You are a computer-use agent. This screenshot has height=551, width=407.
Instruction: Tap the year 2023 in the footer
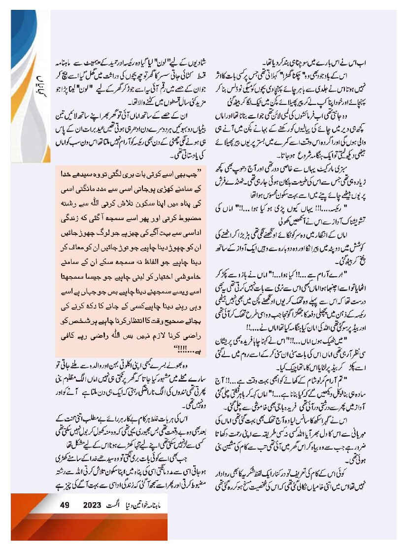[92, 505]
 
